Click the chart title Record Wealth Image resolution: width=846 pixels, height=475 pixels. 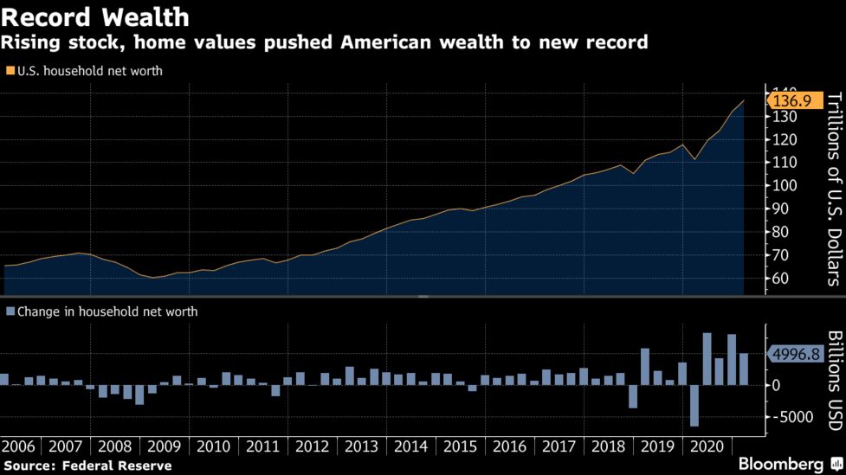(96, 16)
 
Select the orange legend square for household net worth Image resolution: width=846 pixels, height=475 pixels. (10, 72)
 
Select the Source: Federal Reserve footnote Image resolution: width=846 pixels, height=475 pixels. (87, 465)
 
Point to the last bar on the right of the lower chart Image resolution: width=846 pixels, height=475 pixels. (743, 369)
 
